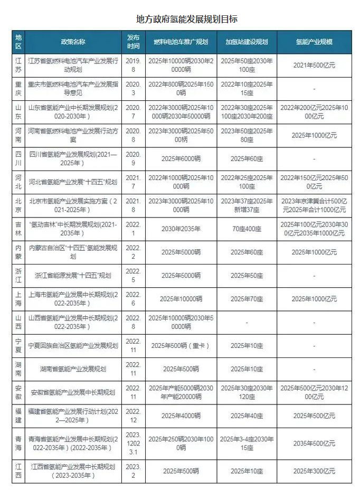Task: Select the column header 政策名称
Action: [x=73, y=41]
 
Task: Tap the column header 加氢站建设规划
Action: [x=247, y=41]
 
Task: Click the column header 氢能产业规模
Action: [x=314, y=41]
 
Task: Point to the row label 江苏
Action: [x=18, y=65]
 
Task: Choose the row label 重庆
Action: [x=18, y=89]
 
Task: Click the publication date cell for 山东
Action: [x=133, y=112]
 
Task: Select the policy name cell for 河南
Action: [x=73, y=135]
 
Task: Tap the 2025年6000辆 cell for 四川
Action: [x=181, y=158]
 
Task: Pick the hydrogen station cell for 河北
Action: [x=247, y=182]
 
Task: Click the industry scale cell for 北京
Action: [x=314, y=205]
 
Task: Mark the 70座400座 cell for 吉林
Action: [x=247, y=229]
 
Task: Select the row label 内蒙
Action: [x=18, y=252]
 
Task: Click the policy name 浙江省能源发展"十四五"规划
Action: [x=73, y=276]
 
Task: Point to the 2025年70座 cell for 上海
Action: [x=247, y=299]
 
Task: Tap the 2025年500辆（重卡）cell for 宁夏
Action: [x=181, y=346]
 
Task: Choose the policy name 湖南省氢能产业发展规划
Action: [x=73, y=369]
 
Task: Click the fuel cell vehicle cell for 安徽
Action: [x=181, y=392]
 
